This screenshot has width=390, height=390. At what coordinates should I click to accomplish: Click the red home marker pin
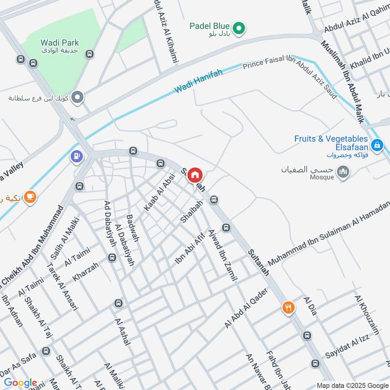point(195,175)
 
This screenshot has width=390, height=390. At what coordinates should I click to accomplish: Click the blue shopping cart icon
point(377,145)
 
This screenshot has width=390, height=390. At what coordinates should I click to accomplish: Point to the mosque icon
point(344,172)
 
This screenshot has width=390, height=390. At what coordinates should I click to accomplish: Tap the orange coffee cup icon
point(30,196)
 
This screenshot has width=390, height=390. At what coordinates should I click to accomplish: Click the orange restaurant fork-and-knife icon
point(289,308)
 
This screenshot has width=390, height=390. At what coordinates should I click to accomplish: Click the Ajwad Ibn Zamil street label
point(222,255)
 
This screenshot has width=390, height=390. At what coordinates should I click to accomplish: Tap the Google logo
point(20,383)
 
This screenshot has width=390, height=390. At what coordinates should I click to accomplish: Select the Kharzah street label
point(86,272)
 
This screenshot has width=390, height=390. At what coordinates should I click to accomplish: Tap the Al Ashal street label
point(123,331)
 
